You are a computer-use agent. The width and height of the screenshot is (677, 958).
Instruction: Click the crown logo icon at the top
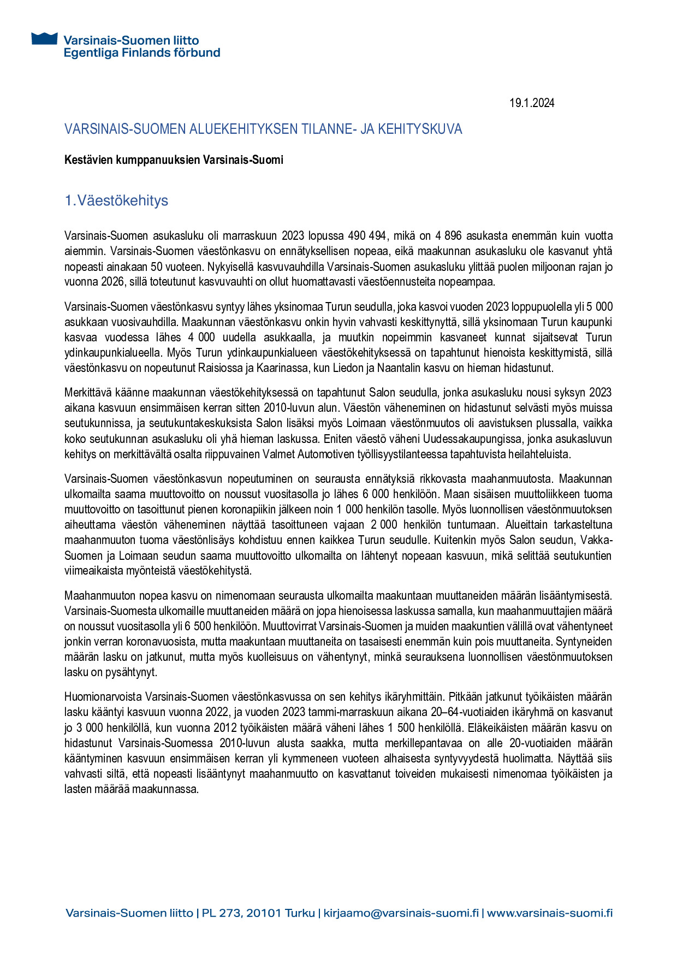coord(44,39)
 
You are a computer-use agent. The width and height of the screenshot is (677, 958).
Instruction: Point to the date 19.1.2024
coord(531,103)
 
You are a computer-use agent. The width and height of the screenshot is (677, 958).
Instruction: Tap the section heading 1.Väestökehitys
coord(116,201)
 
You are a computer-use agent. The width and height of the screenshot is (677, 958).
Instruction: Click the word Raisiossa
coord(219,368)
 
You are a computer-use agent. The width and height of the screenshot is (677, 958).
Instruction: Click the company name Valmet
coord(279,454)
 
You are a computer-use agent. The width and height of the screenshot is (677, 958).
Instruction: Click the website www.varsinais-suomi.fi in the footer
coord(549,913)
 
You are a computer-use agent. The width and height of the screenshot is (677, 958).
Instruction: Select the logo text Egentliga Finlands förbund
coord(142,53)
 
